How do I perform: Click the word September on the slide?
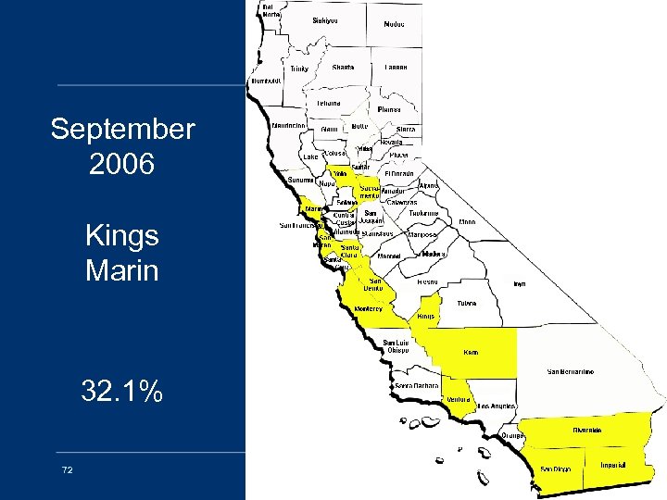point(122,129)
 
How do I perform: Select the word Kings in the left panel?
point(122,236)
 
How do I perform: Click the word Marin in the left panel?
point(122,271)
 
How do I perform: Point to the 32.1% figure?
point(122,392)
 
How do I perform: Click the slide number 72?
point(67,470)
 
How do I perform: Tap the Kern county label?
point(472,352)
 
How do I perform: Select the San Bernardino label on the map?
point(571,371)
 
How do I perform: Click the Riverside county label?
point(586,430)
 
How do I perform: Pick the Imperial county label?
point(613,464)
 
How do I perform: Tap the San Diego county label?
point(556,469)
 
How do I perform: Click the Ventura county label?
point(459,399)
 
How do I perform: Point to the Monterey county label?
point(366,309)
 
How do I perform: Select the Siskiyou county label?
point(325,19)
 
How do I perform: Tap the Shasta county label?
point(343,68)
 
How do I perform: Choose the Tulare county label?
point(468,302)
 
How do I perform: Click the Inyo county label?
point(520,283)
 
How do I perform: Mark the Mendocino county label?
point(290,125)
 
